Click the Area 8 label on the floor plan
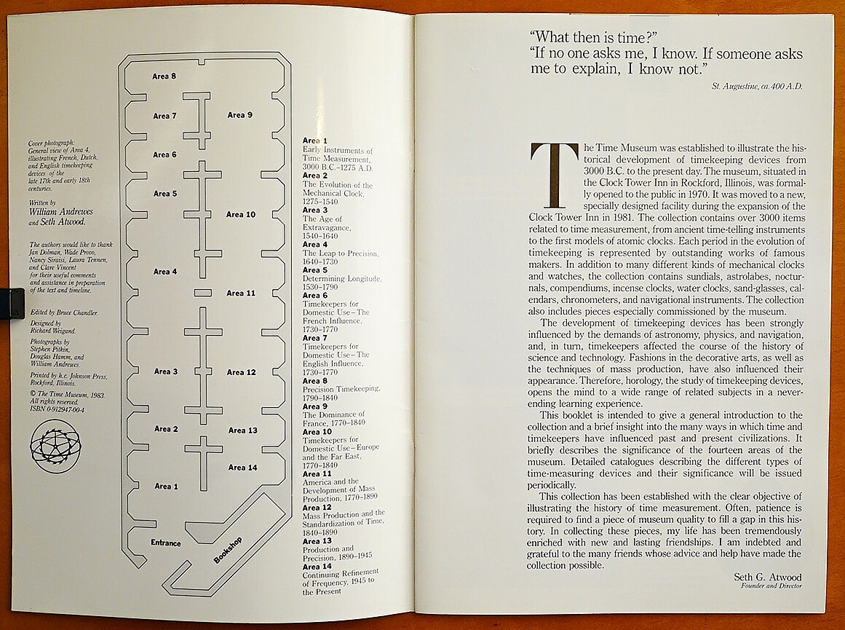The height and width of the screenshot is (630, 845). tap(164, 76)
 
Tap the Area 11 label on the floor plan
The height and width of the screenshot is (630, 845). tap(241, 294)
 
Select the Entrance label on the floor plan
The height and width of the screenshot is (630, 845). tap(165, 543)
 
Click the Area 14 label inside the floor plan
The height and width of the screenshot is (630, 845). tap(242, 468)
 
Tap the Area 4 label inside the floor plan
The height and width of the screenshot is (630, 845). tap(165, 272)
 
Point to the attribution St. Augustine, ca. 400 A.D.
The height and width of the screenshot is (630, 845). tap(757, 87)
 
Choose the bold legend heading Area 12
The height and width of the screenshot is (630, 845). tap(317, 508)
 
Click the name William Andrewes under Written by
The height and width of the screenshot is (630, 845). tap(62, 212)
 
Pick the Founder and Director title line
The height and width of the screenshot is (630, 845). tap(771, 586)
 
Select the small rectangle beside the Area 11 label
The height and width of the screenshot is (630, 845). tap(203, 293)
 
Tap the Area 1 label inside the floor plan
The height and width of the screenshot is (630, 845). tap(166, 487)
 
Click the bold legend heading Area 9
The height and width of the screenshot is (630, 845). tap(315, 406)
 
